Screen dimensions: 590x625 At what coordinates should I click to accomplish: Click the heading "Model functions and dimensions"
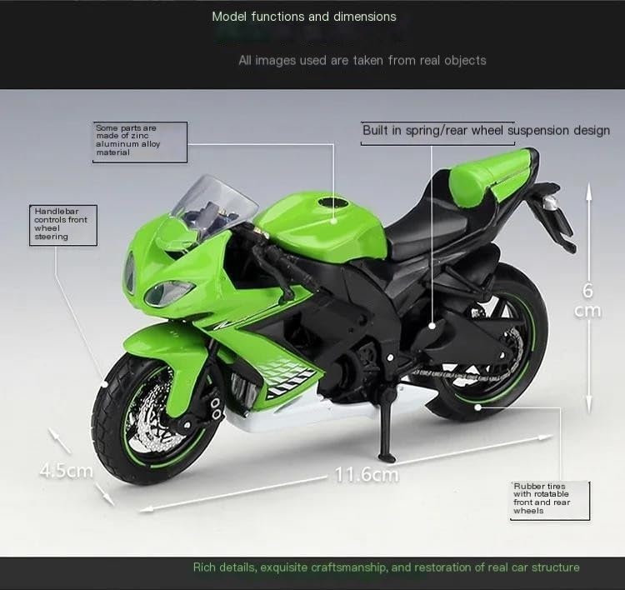point(304,17)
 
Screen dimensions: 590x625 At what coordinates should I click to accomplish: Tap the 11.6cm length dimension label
point(367,475)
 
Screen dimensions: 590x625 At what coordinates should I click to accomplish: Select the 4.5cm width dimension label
point(66,471)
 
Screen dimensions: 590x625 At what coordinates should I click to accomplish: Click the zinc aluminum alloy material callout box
point(139,140)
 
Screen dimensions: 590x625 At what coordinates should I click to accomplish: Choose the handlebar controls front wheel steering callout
point(62,224)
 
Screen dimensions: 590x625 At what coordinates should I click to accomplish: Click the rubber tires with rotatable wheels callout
point(551,499)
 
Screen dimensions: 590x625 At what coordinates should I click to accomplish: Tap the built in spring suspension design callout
point(486,131)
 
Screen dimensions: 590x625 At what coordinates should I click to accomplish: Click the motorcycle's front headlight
point(169,292)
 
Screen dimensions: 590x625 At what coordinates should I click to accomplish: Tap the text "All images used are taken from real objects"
point(362,60)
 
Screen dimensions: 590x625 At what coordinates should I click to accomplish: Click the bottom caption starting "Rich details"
point(386,567)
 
